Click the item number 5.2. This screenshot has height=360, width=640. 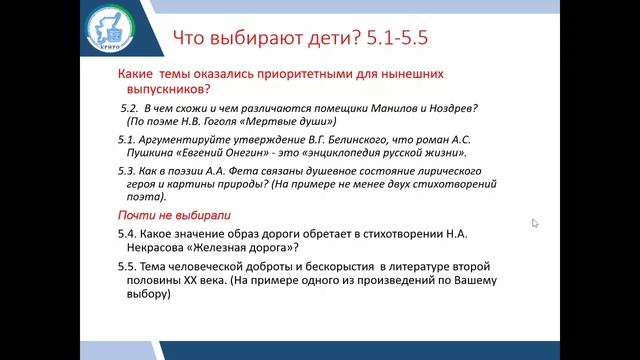[127, 107]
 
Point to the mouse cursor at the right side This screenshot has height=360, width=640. [535, 222]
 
